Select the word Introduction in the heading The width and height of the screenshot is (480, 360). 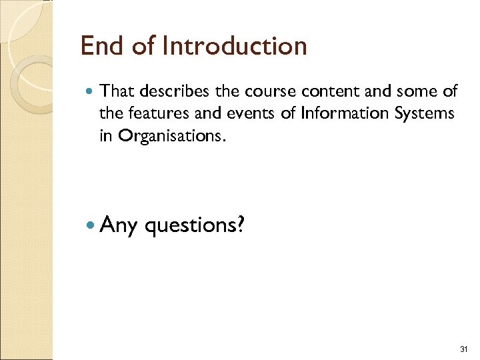(x=234, y=46)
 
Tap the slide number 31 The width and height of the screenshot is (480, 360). (x=464, y=350)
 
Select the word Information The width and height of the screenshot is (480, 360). (x=335, y=113)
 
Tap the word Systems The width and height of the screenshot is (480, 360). (x=425, y=113)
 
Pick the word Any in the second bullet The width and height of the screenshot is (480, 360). (x=119, y=226)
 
